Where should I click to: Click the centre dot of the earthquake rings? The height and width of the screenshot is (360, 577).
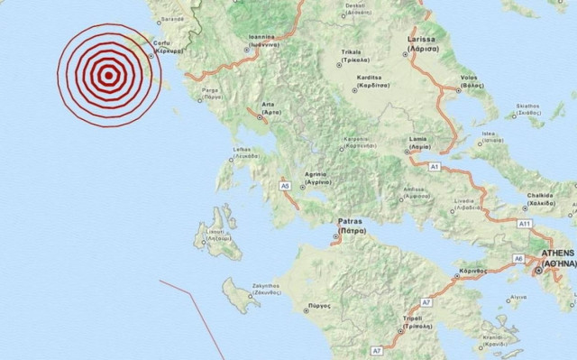[x=107, y=76]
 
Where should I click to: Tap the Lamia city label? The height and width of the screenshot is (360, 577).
[x=417, y=143]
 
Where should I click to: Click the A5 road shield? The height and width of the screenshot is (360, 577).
[x=285, y=185]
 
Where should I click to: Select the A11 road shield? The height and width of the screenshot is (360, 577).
[x=525, y=222]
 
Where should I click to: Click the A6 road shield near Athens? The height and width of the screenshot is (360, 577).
[x=518, y=258]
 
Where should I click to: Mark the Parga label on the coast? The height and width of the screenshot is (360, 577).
[x=211, y=90]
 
